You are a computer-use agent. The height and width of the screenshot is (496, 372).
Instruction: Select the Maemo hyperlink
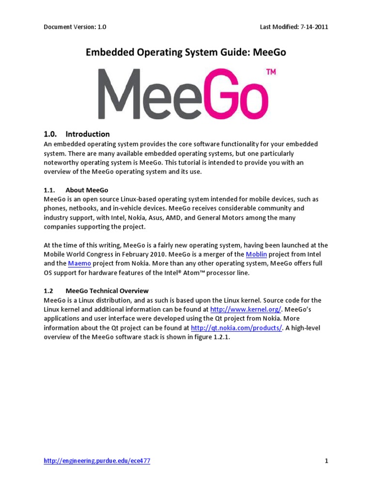[79, 263]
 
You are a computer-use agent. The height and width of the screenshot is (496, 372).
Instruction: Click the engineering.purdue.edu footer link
[97, 461]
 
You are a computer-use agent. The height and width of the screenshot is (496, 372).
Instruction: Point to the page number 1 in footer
[326, 461]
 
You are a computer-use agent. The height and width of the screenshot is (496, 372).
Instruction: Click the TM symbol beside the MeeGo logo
[271, 72]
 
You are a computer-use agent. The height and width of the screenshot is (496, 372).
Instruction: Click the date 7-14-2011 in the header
[312, 27]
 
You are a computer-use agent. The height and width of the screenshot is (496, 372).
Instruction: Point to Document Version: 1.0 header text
[75, 27]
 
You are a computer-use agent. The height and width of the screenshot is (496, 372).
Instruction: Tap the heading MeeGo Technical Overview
[107, 291]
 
